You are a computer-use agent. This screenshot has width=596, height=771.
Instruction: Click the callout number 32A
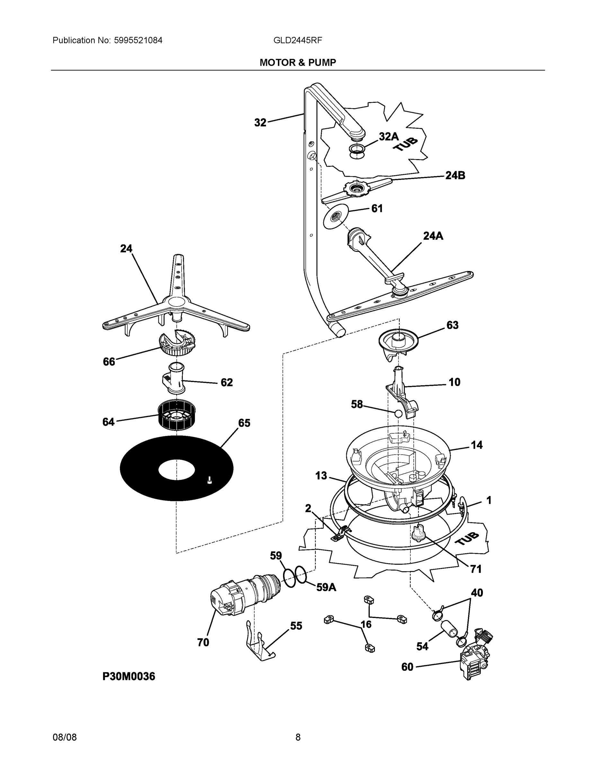click(388, 137)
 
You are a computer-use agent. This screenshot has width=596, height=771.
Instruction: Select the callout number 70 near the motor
click(203, 642)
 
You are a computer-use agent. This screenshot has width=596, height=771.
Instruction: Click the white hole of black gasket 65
click(176, 470)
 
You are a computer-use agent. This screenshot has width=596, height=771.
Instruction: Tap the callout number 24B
click(455, 175)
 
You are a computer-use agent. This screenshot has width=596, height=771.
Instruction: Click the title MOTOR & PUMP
click(298, 63)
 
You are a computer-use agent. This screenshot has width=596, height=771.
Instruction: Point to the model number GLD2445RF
click(298, 40)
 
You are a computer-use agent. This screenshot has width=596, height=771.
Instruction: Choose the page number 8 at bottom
click(298, 737)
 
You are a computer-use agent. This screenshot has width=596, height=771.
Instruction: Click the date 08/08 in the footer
click(65, 737)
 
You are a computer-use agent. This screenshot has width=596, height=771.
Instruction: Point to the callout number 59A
click(326, 587)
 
